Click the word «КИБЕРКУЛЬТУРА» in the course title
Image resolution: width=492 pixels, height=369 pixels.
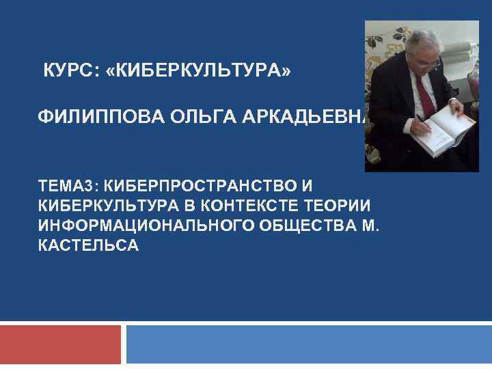tap(204, 70)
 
